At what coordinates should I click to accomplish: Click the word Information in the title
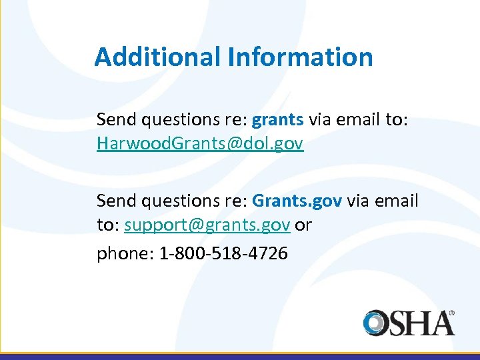click(299, 57)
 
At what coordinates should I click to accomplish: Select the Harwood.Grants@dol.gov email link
click(200, 143)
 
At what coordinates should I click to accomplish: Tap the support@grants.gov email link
click(207, 225)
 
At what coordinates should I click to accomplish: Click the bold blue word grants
click(278, 120)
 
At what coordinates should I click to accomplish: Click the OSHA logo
click(409, 323)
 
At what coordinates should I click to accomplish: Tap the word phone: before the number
click(125, 254)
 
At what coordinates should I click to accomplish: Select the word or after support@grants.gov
click(303, 225)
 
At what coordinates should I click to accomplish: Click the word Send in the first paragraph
click(114, 120)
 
